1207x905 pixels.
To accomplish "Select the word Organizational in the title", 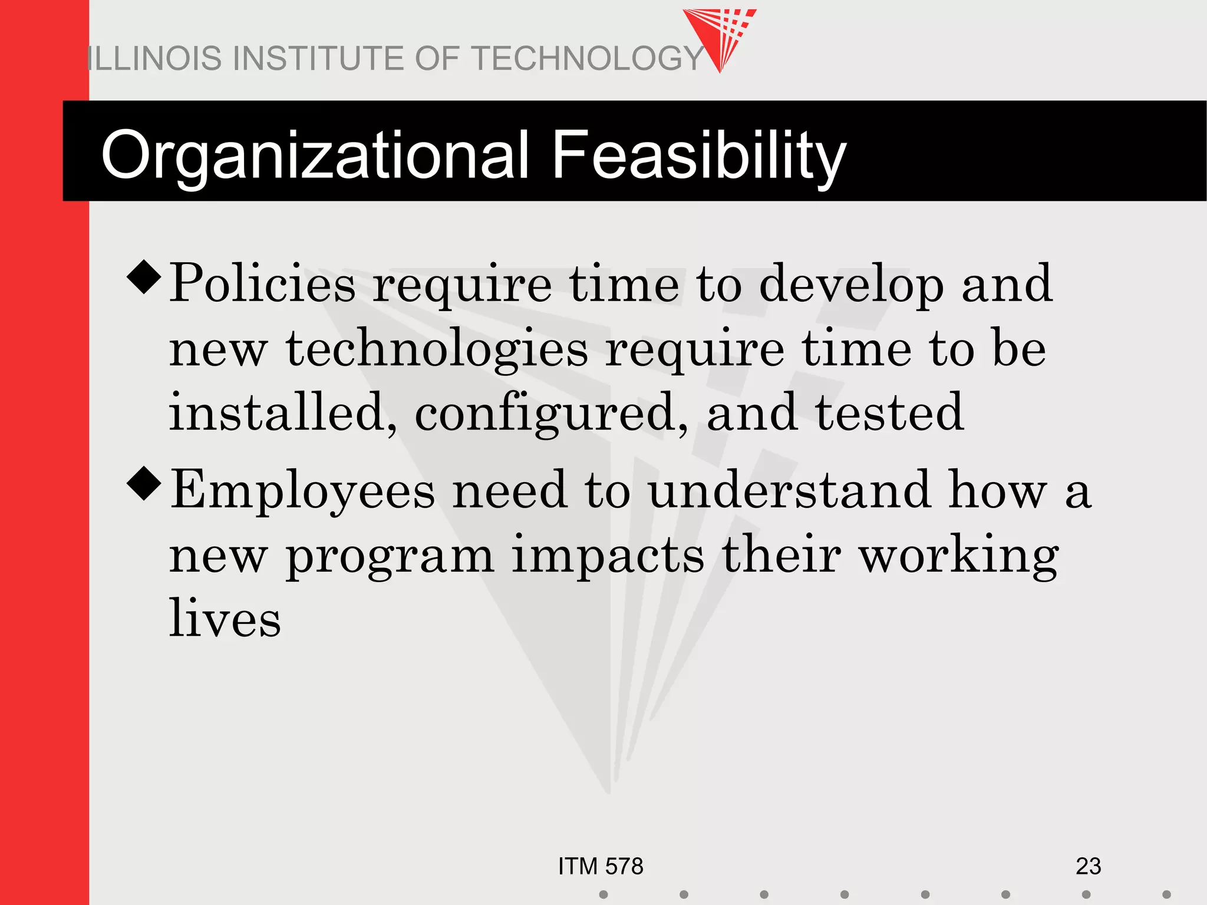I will (315, 155).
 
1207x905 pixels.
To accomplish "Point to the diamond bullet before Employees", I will (144, 483).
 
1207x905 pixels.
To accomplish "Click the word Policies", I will (263, 284).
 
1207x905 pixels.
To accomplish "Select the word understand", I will (790, 490).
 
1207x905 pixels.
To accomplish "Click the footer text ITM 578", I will (601, 866).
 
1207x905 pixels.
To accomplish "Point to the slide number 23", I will (1088, 866).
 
